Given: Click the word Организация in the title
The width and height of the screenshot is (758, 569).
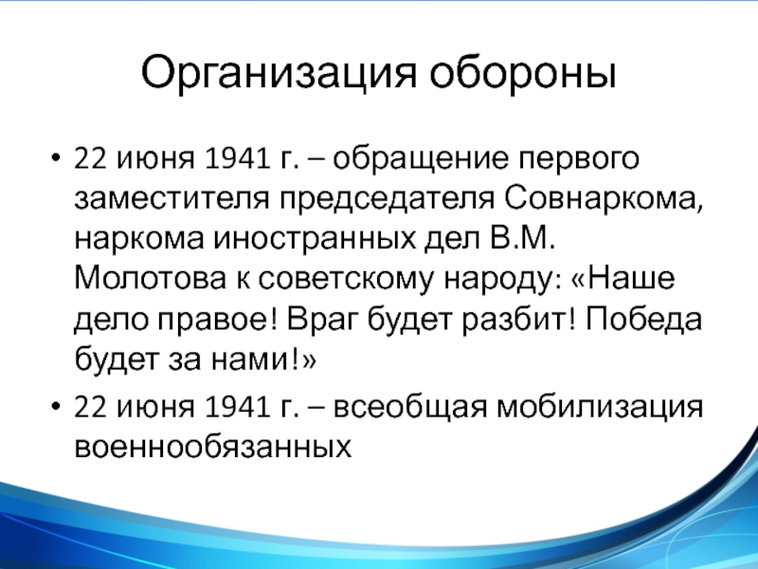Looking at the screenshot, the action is (279, 74).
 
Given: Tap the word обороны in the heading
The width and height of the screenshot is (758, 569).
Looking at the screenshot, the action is (523, 73).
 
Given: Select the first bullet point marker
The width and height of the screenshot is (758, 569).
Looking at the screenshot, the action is (56, 157).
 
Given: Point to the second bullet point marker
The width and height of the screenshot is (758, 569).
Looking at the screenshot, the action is (56, 406).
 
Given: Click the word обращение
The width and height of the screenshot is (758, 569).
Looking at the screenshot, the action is (421, 158).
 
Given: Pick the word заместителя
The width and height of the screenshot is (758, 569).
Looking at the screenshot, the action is (171, 198).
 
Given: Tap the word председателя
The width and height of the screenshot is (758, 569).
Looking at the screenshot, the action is (388, 199).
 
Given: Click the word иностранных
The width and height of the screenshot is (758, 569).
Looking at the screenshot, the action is (315, 239).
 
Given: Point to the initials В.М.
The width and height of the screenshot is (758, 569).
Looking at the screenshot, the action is (522, 237).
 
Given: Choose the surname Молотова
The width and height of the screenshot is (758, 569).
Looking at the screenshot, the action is (151, 278).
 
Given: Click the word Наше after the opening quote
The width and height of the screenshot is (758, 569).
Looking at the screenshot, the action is (631, 278).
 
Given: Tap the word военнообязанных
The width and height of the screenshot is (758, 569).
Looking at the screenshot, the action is (212, 446).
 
